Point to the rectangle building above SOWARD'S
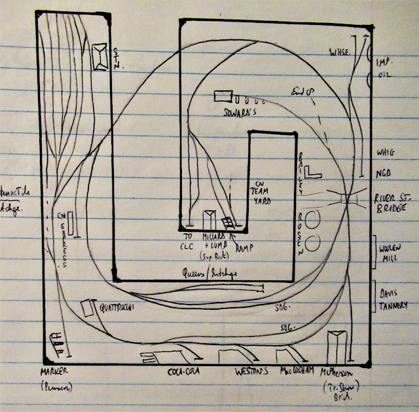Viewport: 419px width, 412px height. coord(222,96)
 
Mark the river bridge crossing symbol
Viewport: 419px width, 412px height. coord(345,200)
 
